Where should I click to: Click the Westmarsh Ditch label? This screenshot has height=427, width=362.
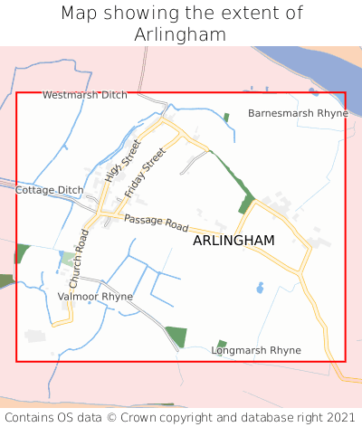point(85,94)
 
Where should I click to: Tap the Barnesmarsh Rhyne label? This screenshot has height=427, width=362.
point(298,113)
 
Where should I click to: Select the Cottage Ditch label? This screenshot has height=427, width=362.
point(49,190)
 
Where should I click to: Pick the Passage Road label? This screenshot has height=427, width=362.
point(156,222)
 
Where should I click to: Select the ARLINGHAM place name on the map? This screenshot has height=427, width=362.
point(233,240)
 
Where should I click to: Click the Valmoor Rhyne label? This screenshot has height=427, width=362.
point(95,296)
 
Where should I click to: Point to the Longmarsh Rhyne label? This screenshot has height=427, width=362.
point(256,350)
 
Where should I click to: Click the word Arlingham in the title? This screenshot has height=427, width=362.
point(180,34)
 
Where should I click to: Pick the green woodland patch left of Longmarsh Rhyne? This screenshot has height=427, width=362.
point(176,337)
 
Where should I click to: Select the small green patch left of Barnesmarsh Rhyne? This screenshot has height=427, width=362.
point(226,117)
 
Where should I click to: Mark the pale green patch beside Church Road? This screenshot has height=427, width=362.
point(67,259)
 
